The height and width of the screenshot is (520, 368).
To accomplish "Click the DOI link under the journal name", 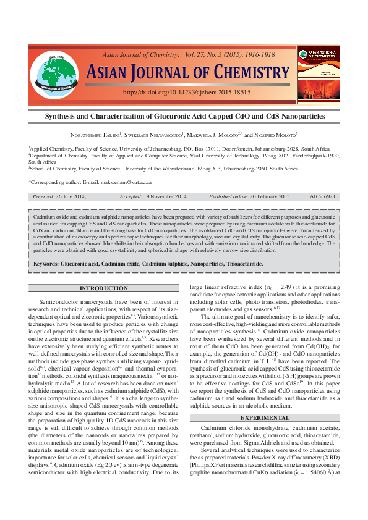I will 187,92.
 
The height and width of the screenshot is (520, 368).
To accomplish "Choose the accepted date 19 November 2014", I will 169,196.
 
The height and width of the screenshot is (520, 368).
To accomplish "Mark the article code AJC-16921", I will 322,196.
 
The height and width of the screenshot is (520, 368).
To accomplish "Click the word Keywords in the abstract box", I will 46,264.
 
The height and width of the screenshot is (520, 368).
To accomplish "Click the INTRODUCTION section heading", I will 104,288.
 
